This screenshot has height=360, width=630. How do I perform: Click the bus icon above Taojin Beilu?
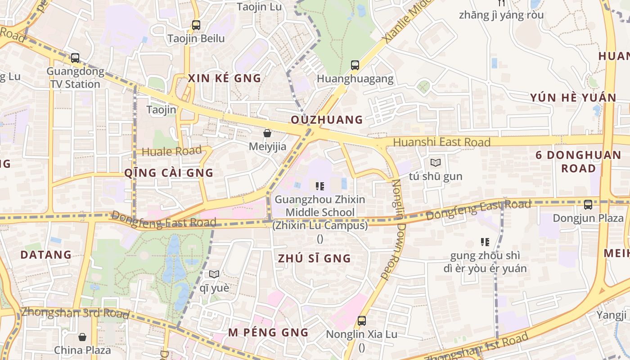coord(196,25)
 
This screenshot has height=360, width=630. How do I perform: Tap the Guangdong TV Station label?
coord(75,78)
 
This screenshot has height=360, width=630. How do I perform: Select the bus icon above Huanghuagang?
coord(355,65)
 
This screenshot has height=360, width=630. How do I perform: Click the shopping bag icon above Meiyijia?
coord(267,133)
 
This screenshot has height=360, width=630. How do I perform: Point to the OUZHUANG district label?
coord(327,120)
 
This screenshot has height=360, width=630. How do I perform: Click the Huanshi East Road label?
coord(441,142)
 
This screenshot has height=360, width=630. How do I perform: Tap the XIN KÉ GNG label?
coord(225,78)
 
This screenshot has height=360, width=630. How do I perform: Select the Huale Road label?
coord(171,151)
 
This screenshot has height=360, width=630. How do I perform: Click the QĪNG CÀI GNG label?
coord(169,173)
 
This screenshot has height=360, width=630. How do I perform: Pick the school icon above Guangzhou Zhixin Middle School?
coord(320,186)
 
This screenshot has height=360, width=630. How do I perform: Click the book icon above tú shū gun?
coord(435,162)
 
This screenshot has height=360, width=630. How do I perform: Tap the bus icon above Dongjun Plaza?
coord(588,205)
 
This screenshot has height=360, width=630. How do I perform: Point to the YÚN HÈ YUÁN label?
coord(573,98)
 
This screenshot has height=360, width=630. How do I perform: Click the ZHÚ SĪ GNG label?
coord(314,258)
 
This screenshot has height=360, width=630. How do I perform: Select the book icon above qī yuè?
coord(214,274)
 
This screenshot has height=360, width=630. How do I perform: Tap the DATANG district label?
coord(46,255)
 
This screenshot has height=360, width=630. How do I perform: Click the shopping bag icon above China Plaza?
coord(82,337)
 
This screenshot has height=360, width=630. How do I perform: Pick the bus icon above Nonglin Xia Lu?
coord(361,321)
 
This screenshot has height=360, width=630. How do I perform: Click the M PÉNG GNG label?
coord(268,333)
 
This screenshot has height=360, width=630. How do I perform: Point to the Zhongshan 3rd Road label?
coord(75,313)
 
